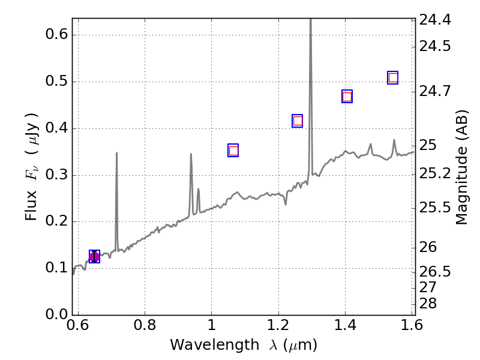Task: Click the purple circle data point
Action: coord(94,257)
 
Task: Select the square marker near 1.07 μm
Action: coord(233,151)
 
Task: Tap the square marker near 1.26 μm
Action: coord(297,121)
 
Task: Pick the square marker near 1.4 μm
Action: coord(347,97)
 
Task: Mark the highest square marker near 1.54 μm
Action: coord(393,77)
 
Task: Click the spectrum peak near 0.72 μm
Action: coord(116,154)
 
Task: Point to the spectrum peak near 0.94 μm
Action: coord(191,154)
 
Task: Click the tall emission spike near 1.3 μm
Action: coord(310,24)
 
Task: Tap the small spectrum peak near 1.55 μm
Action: coord(394,140)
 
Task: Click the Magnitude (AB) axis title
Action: coord(461,167)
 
